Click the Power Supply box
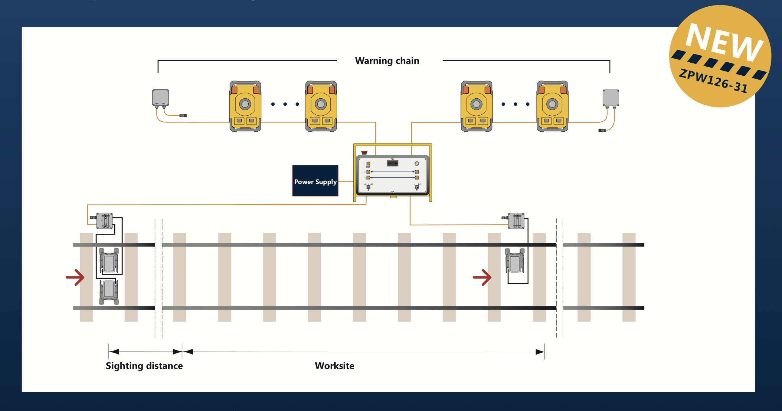point(315,181)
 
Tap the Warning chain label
point(387,61)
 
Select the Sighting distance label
point(144,366)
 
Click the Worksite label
point(334,366)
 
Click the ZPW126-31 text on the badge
point(713,81)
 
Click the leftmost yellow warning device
point(245,106)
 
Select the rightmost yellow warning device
point(552,106)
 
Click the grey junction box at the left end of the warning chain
point(160,97)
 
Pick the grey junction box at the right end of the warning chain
point(611,97)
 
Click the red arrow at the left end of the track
point(75,277)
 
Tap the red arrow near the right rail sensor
point(482,277)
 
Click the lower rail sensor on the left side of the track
point(109,292)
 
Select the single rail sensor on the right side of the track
point(515,261)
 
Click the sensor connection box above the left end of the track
point(104,221)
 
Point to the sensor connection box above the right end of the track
point(516,221)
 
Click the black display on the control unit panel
point(392,163)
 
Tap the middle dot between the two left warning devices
point(285,104)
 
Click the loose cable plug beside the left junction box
point(183,115)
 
